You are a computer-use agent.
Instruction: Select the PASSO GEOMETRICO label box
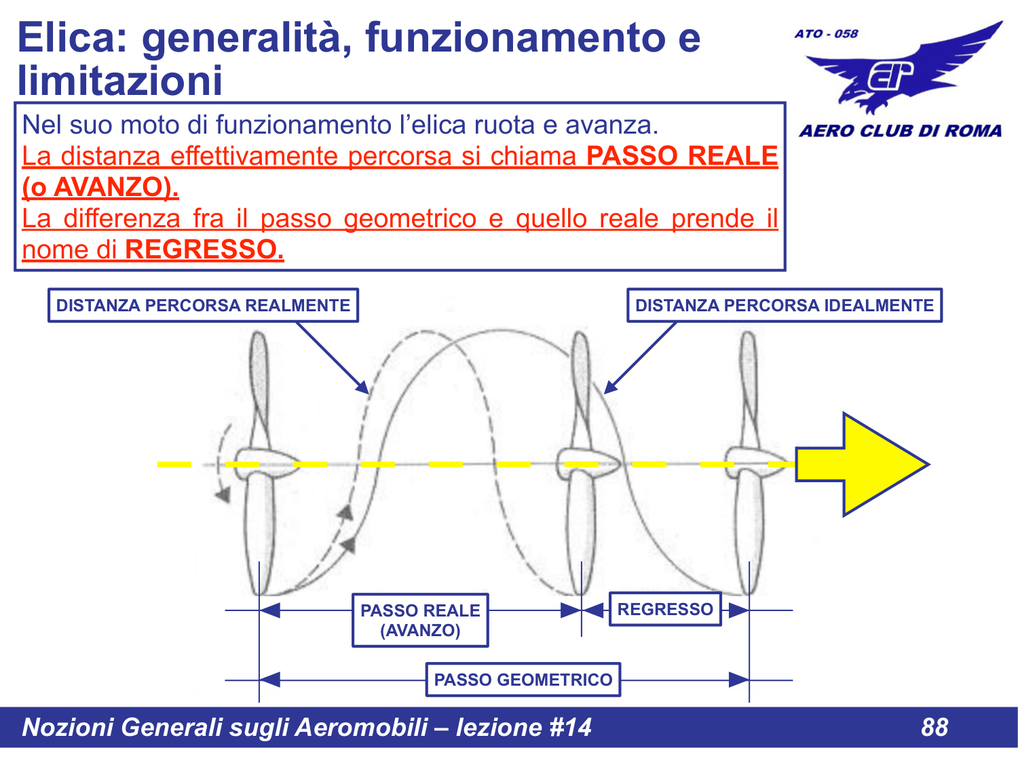click(523, 680)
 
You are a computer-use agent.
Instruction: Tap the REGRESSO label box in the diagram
click(665, 609)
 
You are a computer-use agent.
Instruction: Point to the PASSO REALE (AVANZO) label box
click(420, 621)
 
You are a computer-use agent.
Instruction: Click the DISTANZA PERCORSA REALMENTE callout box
click(203, 305)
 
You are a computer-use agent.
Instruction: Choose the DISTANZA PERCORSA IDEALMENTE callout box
click(784, 305)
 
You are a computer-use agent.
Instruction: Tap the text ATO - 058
click(826, 34)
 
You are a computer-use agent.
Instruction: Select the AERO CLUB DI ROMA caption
click(900, 131)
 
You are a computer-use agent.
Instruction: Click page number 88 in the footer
click(934, 727)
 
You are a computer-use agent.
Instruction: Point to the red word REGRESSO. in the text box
click(204, 250)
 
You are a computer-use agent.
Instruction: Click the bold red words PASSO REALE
click(681, 156)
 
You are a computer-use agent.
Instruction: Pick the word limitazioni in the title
click(120, 81)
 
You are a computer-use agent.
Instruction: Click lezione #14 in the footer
click(523, 727)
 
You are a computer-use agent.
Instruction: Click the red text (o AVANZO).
click(100, 187)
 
